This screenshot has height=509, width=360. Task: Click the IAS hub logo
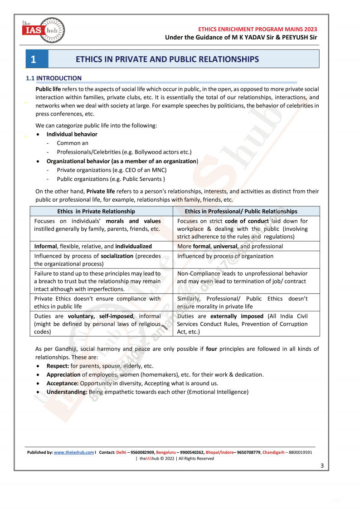43,30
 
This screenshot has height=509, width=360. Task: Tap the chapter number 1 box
37,59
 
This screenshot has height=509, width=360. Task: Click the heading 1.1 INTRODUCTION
54,78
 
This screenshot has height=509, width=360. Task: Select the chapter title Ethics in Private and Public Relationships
167,59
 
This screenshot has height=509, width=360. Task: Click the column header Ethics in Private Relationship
96,211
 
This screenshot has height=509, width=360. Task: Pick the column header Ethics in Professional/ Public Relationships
241,211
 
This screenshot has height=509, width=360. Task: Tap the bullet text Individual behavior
72,134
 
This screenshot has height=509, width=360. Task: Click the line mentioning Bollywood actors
124,152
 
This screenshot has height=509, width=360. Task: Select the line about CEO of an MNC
112,170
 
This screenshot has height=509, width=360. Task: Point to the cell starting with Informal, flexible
93,246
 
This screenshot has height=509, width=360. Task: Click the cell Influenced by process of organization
225,256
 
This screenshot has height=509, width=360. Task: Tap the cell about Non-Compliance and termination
242,277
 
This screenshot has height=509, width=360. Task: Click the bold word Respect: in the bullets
58,366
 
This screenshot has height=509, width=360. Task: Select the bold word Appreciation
63,374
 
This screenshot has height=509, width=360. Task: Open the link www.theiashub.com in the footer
74,452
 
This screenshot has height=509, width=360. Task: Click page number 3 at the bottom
322,465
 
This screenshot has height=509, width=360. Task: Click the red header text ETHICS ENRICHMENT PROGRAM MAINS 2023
257,29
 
